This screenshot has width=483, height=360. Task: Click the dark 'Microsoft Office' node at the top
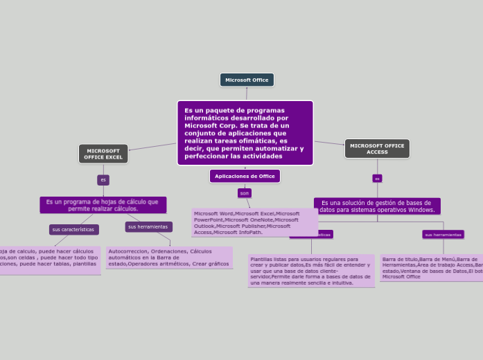tap(247, 80)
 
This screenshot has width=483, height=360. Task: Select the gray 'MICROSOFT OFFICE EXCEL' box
tap(103, 154)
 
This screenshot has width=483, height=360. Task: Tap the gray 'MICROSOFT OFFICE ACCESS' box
tap(377, 149)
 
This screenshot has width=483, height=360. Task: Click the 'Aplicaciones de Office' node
tap(245, 177)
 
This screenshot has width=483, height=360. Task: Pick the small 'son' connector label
tap(245, 193)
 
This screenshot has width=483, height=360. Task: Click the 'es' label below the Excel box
tap(103, 180)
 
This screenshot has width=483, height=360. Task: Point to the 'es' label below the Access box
tap(377, 179)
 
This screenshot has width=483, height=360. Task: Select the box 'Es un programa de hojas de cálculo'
tap(103, 205)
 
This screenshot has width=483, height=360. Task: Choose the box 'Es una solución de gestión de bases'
tap(377, 206)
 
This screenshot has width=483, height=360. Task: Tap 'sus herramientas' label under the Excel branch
tap(148, 226)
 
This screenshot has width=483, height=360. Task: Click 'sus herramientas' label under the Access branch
tap(443, 235)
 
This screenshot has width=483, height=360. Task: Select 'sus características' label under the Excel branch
tap(73, 229)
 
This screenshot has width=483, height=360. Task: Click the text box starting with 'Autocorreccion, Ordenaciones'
tap(169, 258)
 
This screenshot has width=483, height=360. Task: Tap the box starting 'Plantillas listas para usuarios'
tap(310, 271)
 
